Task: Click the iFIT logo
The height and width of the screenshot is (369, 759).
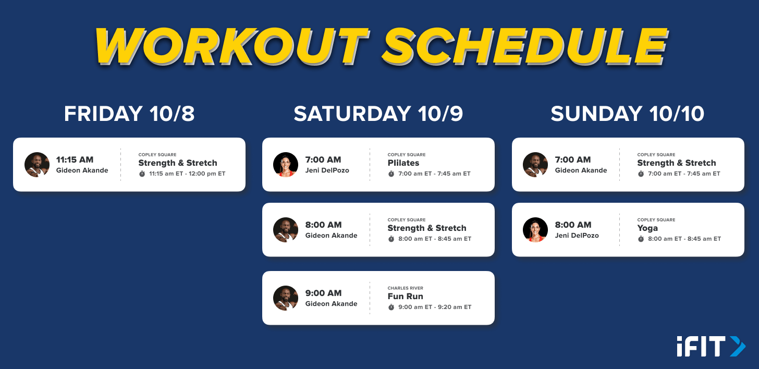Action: pyautogui.click(x=711, y=346)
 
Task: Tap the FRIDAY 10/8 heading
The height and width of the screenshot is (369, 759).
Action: pyautogui.click(x=129, y=114)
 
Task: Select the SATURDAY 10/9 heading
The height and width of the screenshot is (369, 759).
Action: pyautogui.click(x=378, y=114)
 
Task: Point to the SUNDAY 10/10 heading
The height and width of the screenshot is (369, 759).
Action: pyautogui.click(x=628, y=114)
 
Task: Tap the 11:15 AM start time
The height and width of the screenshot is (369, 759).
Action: pyautogui.click(x=75, y=159)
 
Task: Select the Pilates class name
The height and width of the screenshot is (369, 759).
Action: pyautogui.click(x=403, y=163)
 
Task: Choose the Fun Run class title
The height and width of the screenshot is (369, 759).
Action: pyautogui.click(x=405, y=296)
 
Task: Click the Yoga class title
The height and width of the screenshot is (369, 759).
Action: pyautogui.click(x=647, y=228)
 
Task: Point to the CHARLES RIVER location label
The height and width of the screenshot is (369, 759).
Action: pyautogui.click(x=405, y=288)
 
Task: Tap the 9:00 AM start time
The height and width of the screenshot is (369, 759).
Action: pyautogui.click(x=323, y=293)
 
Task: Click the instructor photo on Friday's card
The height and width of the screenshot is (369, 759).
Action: pyautogui.click(x=37, y=165)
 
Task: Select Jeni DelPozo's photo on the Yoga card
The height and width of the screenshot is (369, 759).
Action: pyautogui.click(x=535, y=230)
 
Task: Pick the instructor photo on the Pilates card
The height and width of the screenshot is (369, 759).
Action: pyautogui.click(x=286, y=165)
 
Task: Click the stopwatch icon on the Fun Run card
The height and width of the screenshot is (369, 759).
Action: pyautogui.click(x=391, y=307)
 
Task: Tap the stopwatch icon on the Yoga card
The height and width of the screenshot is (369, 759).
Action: pyautogui.click(x=641, y=239)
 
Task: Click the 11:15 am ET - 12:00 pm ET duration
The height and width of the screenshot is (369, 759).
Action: pyautogui.click(x=187, y=174)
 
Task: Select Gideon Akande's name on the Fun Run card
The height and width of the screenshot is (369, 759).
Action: pyautogui.click(x=331, y=304)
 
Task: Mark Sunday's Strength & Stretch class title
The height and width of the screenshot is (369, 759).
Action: pyautogui.click(x=676, y=163)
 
